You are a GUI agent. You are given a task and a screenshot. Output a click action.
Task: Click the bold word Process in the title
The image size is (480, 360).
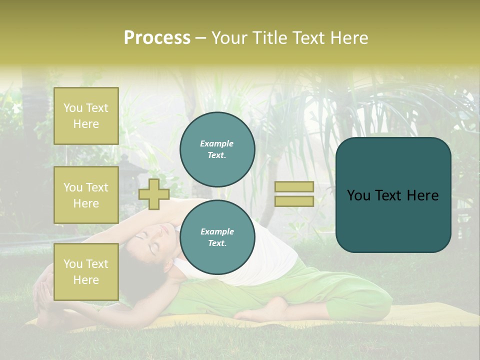pos(157,37)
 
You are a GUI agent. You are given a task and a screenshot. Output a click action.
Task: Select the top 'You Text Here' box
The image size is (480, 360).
pos(86,116)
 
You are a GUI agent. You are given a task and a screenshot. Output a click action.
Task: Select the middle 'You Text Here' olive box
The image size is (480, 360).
pos(86,195)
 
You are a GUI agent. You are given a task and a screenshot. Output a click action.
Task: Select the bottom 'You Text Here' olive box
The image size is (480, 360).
pos(86,271)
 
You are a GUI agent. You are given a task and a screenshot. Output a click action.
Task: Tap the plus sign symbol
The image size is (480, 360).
pos(154,194)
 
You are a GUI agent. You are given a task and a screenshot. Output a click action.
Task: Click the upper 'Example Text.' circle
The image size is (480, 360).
pos(217,149)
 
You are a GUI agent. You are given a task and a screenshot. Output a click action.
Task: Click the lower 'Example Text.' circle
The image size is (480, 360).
pos(217,237)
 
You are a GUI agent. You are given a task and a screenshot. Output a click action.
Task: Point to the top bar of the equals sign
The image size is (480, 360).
pos(294,186)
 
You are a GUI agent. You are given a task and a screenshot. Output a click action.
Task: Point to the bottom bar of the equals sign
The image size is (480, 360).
pos(294,201)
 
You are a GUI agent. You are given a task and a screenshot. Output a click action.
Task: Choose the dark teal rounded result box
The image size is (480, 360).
pos(393,195)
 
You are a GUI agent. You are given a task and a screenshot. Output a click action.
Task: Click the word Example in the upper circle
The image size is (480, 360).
pos(217,143)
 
